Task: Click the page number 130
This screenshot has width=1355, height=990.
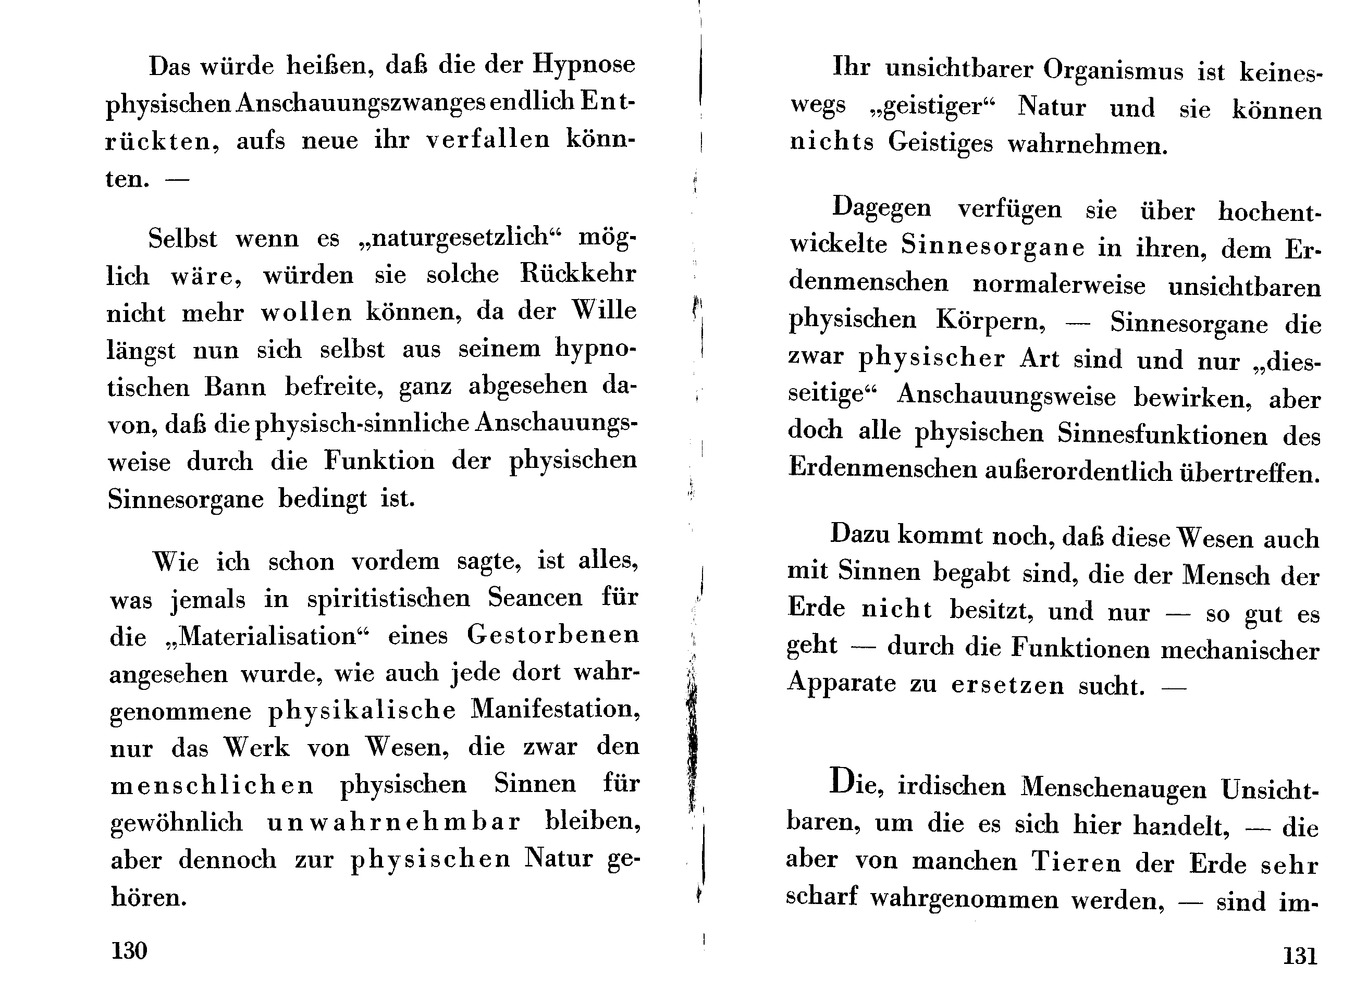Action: pos(129,950)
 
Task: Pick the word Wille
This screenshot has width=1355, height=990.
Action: pos(603,311)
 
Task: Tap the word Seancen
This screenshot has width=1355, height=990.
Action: pos(535,597)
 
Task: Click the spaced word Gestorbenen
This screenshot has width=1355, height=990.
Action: pos(552,635)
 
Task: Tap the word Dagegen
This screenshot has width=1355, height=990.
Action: pos(882,208)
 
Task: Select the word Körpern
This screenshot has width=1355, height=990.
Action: pos(991,322)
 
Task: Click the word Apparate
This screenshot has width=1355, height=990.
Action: pos(842,684)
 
